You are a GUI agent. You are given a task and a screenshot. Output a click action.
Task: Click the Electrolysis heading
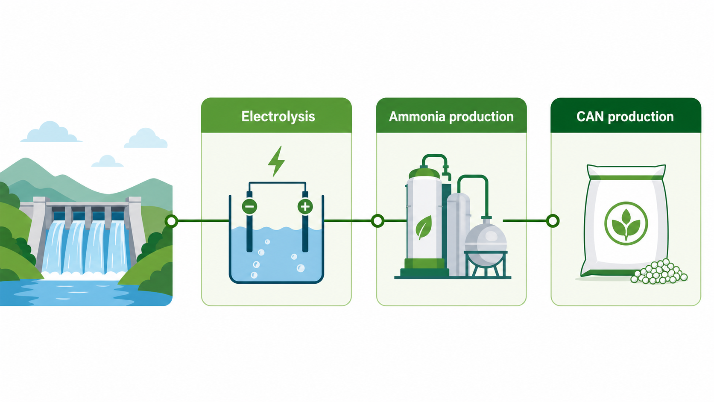tap(278, 117)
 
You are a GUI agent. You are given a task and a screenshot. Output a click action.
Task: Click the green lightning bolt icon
tap(276, 161)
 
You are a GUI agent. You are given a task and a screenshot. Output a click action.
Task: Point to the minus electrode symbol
tap(249, 207)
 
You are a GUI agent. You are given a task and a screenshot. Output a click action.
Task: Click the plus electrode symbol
tap(305, 207)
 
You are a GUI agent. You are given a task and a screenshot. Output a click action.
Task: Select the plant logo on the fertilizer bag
tap(626, 223)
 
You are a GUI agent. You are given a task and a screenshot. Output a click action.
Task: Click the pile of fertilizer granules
tap(658, 272)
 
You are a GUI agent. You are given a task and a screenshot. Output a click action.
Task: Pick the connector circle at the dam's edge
tap(172, 221)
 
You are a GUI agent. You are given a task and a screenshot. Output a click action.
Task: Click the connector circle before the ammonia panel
tap(378, 221)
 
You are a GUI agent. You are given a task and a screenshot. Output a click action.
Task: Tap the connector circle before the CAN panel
tap(553, 221)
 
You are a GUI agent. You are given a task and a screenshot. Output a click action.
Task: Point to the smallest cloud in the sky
tap(108, 161)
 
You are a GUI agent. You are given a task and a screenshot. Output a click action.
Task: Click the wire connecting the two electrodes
tap(277, 183)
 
